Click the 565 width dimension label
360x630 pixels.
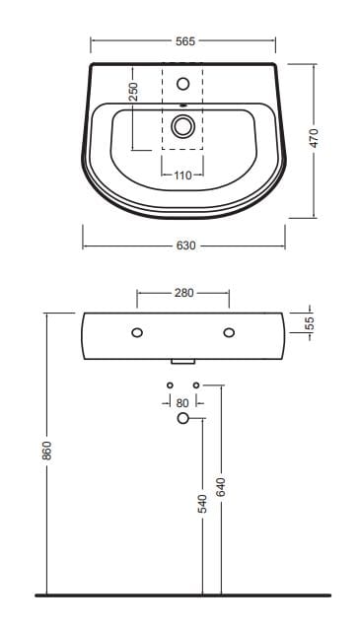[x=183, y=41]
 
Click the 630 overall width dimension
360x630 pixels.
[x=183, y=245]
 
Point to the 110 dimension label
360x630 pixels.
[x=182, y=176]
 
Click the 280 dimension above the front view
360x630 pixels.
[x=183, y=293]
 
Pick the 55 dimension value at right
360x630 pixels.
[x=308, y=323]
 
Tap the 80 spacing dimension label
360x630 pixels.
[x=182, y=402]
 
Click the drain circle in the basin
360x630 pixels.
[x=182, y=125]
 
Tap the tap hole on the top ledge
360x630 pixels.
[x=182, y=84]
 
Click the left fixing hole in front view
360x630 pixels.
[x=137, y=332]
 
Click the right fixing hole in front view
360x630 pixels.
[x=229, y=332]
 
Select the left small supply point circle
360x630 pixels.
[x=170, y=384]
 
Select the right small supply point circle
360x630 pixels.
[x=196, y=384]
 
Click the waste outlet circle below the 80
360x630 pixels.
[x=182, y=419]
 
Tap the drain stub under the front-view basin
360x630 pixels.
[x=183, y=362]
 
